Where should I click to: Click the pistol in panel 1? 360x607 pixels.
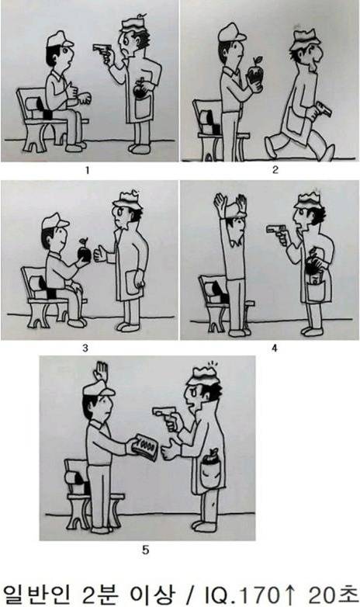point(102,49)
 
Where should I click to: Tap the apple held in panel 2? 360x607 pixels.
point(255,74)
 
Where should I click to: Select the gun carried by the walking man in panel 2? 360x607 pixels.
point(321,109)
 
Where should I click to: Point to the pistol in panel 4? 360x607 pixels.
point(275,229)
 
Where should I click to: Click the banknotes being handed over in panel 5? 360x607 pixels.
point(144,447)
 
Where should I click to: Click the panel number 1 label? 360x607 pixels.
point(87,170)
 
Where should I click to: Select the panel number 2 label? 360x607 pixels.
point(275,169)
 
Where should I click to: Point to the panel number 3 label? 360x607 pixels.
point(85,348)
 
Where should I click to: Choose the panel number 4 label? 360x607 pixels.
point(275,348)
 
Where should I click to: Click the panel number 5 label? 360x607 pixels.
point(146,550)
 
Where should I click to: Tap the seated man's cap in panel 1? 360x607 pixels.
point(60,39)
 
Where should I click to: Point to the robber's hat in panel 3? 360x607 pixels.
point(127,199)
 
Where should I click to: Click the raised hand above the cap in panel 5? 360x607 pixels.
point(101,373)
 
